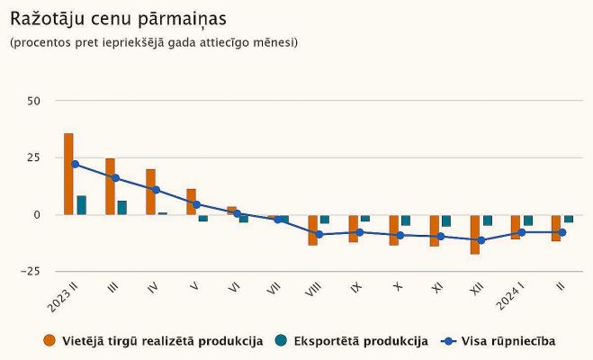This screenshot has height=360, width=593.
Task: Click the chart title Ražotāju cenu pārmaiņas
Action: click(118, 18)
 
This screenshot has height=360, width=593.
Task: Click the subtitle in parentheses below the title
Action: click(153, 42)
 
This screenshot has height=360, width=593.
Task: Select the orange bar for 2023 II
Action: click(68, 174)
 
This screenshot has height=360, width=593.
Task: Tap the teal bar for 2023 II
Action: click(82, 205)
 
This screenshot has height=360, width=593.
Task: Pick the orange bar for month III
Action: click(110, 186)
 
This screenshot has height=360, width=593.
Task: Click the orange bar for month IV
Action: click(150, 192)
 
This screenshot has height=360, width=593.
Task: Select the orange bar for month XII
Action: click(475, 234)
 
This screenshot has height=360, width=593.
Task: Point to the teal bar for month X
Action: click(406, 220)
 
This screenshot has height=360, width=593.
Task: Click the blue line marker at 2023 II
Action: click(75, 164)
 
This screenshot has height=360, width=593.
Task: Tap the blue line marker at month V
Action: click(196, 204)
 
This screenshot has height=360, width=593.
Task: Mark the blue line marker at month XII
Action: click(481, 240)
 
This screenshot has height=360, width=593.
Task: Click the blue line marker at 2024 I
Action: click(522, 232)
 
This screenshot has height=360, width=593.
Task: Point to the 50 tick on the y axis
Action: click(34, 101)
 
